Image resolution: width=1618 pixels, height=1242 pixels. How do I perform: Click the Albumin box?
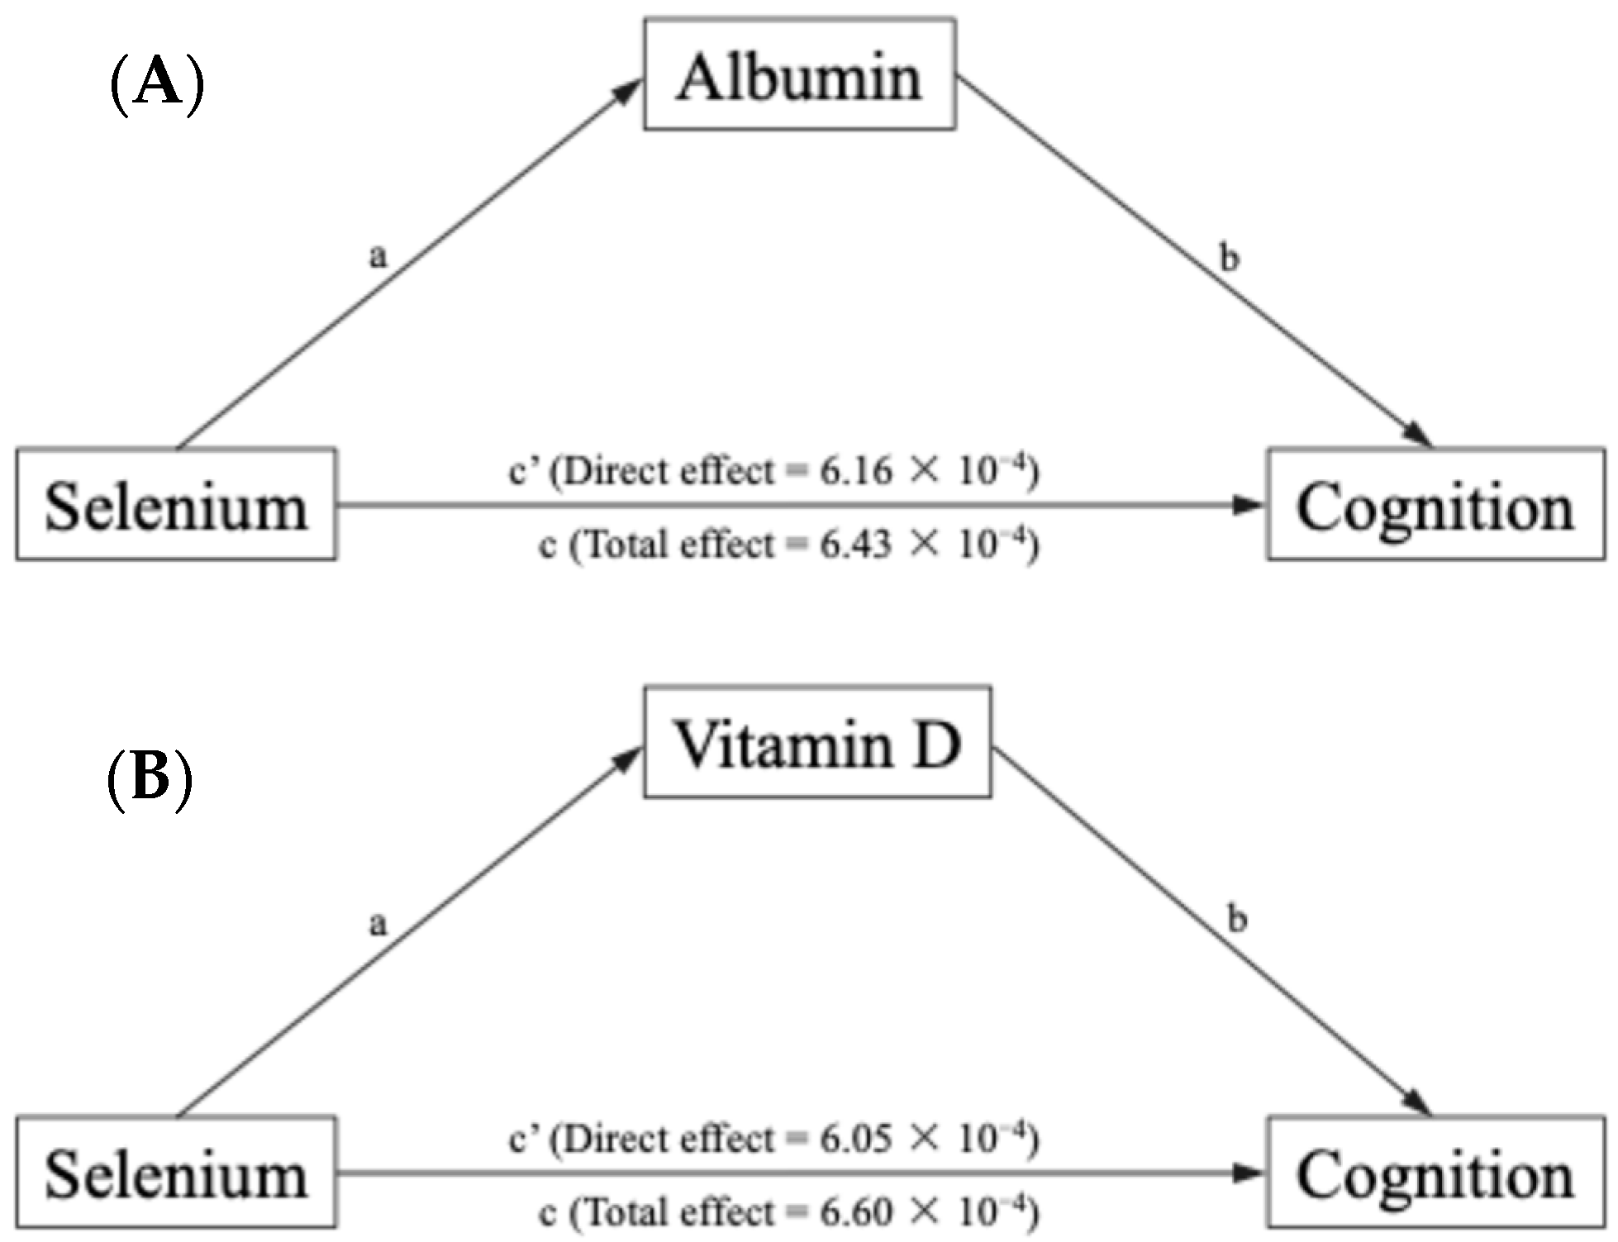[x=800, y=75]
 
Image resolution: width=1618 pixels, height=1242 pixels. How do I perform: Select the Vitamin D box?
[x=817, y=742]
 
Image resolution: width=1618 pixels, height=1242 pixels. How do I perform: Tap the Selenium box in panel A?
[x=176, y=505]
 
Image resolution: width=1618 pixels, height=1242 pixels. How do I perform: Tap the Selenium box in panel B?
[x=176, y=1173]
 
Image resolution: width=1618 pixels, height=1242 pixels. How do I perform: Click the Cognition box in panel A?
[x=1436, y=505]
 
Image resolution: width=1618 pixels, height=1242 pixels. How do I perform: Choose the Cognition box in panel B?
[x=1436, y=1173]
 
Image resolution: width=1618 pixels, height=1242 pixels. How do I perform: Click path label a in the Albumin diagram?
[x=378, y=256]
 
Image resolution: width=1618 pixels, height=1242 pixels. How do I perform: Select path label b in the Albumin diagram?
[x=1230, y=258]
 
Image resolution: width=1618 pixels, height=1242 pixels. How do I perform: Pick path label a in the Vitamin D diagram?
[x=378, y=924]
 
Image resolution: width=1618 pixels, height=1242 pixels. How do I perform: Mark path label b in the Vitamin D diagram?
[x=1236, y=918]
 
